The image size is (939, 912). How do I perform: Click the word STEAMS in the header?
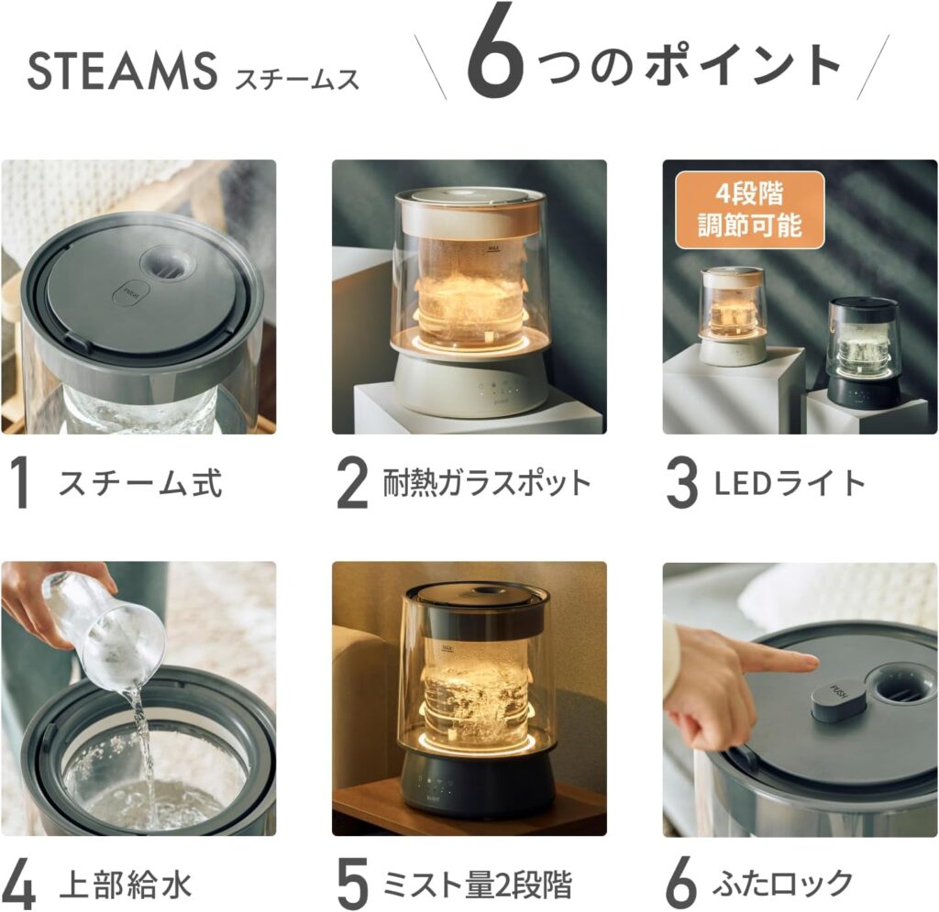click(x=122, y=72)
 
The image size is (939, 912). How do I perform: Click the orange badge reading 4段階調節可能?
click(x=749, y=210)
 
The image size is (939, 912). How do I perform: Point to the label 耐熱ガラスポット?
click(x=486, y=483)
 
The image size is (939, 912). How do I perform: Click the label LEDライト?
click(x=790, y=483)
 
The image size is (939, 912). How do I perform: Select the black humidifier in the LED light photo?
click(x=862, y=353)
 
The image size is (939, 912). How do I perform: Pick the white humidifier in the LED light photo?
click(x=732, y=316)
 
